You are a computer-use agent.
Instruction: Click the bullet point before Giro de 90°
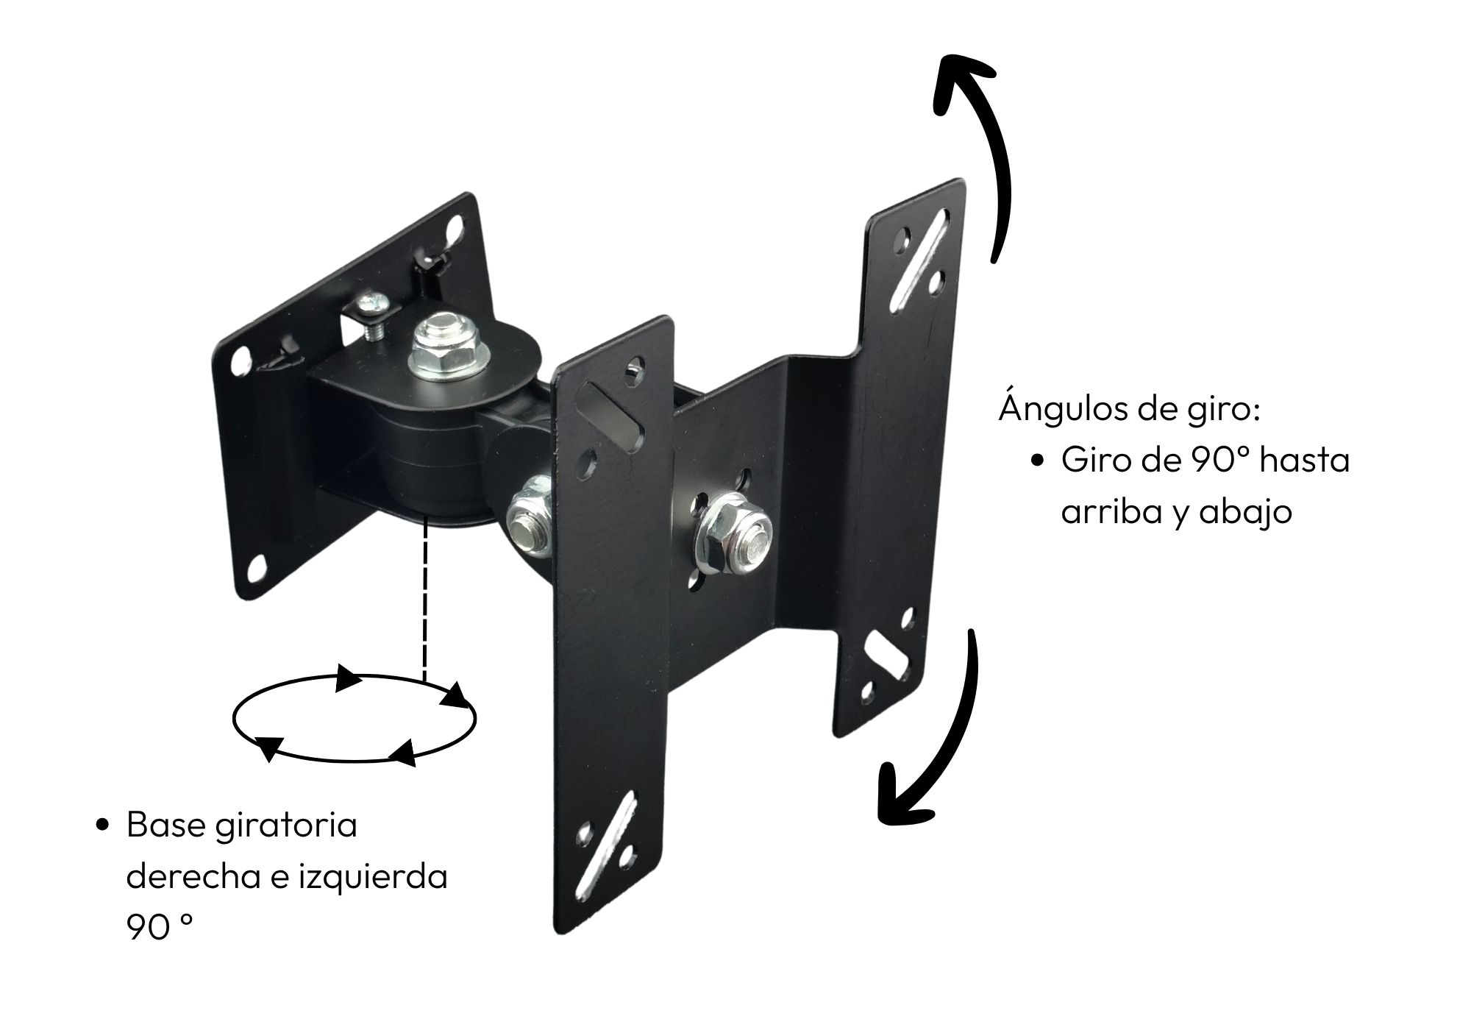click(x=1038, y=461)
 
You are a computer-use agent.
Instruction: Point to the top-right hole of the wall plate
click(x=457, y=223)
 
